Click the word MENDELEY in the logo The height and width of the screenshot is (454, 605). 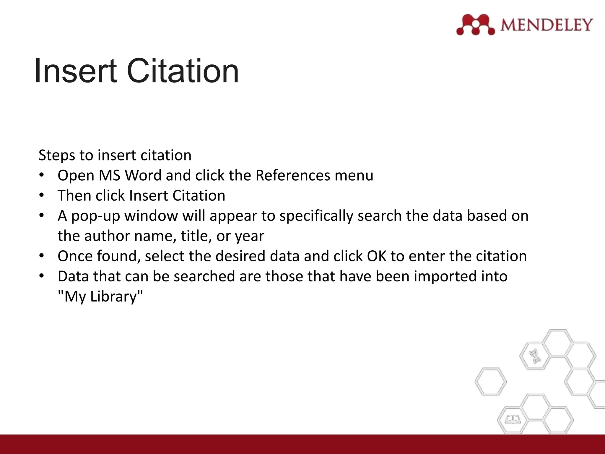[x=547, y=25]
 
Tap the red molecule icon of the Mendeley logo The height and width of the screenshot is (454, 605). [x=475, y=25]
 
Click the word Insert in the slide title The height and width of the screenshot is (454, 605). [x=75, y=71]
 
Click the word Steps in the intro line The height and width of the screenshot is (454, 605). [x=57, y=155]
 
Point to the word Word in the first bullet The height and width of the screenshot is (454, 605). [x=144, y=175]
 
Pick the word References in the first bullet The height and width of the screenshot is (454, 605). [x=293, y=175]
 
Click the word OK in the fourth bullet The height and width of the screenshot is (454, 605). [x=376, y=256]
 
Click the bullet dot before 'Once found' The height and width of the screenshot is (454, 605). [x=42, y=256]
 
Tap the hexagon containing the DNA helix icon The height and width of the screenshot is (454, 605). [x=535, y=356]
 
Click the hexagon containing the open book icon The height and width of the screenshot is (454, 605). [x=512, y=419]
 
